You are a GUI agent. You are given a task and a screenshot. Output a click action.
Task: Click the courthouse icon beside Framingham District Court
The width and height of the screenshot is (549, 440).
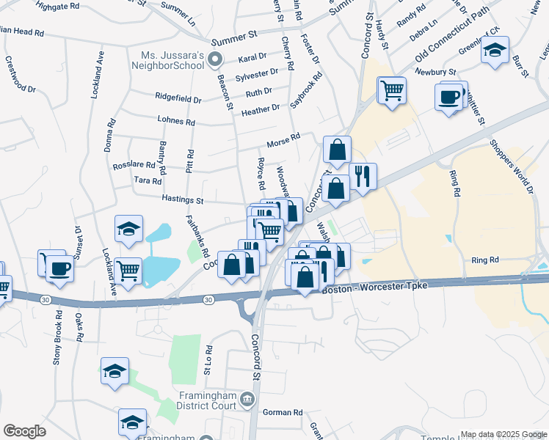pos(247,400)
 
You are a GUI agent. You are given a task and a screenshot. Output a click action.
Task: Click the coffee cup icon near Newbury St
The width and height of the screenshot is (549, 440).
pos(448,96)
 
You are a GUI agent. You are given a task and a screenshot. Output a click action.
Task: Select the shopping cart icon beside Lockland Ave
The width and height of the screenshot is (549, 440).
pos(128,271)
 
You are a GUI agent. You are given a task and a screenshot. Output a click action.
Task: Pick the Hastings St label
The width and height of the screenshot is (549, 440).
pos(183,199)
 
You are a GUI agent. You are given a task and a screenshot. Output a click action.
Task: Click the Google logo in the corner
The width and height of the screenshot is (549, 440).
pos(24,431)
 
